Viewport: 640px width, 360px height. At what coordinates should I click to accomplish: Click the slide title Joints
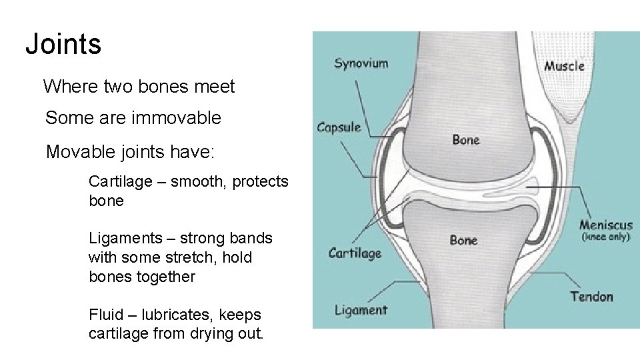tap(63, 45)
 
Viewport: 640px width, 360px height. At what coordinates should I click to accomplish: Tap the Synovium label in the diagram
tap(361, 63)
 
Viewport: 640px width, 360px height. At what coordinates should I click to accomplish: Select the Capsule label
tap(339, 127)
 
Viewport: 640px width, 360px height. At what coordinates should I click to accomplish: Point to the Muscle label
tap(564, 65)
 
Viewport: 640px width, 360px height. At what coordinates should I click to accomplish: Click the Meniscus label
tap(605, 225)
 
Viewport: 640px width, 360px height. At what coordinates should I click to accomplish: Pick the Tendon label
tap(591, 296)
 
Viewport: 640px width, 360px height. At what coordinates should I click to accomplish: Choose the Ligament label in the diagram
tap(360, 309)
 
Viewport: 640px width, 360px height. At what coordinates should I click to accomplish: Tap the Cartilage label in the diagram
tap(355, 253)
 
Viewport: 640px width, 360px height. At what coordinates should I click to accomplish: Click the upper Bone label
tap(465, 139)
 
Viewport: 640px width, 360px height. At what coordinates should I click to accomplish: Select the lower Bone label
tap(463, 240)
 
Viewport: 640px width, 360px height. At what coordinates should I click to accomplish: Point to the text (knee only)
tap(605, 237)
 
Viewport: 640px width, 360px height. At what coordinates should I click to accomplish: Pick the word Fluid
tap(104, 315)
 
